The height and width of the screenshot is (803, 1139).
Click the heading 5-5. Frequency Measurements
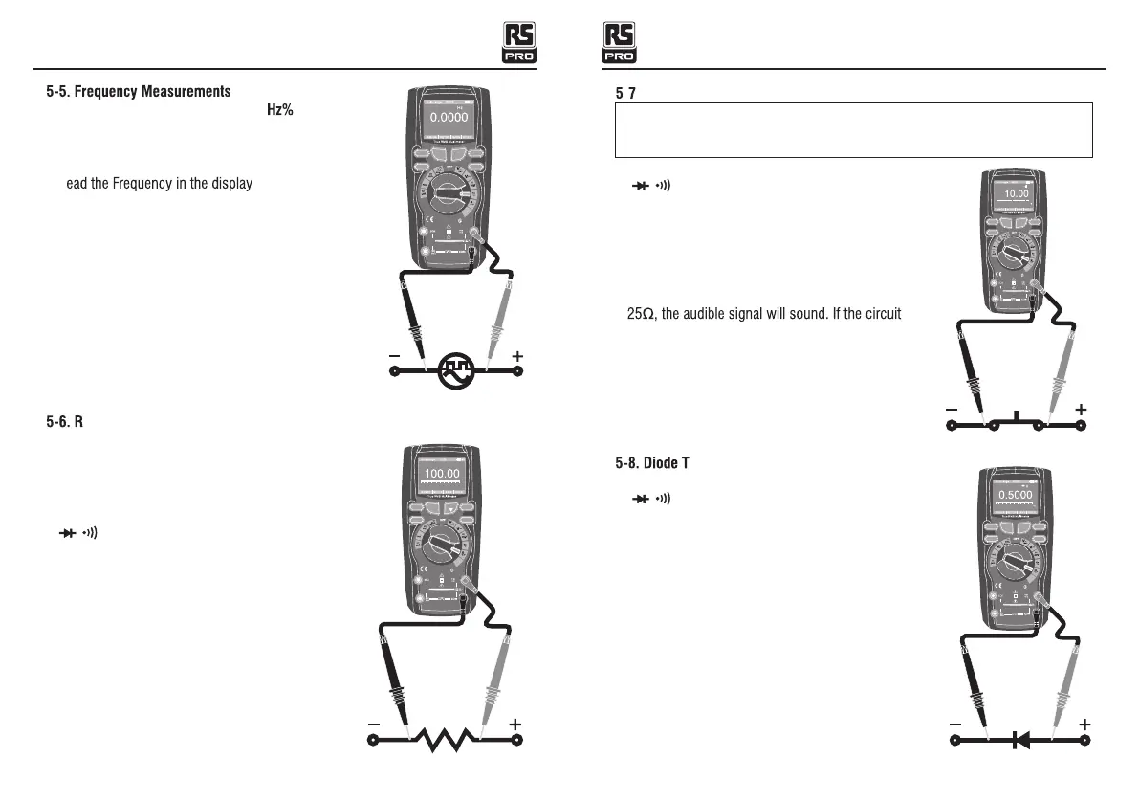[139, 92]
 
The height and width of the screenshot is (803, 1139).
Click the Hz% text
[278, 109]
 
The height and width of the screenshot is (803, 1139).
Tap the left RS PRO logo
[520, 43]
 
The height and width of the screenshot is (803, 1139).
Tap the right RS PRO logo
[620, 43]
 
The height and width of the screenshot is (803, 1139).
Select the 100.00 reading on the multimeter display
[442, 473]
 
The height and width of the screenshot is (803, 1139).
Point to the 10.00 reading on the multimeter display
[1016, 192]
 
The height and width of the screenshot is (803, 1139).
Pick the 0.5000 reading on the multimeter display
[1015, 495]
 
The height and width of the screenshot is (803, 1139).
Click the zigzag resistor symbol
[445, 739]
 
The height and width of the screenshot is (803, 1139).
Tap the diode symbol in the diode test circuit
[1020, 739]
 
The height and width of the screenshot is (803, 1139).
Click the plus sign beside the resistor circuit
[515, 724]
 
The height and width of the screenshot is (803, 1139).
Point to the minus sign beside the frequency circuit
[394, 356]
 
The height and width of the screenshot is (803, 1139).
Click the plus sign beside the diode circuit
[1084, 725]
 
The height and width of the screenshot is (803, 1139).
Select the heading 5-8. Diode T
[653, 463]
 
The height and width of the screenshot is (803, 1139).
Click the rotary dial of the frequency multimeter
[448, 196]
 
